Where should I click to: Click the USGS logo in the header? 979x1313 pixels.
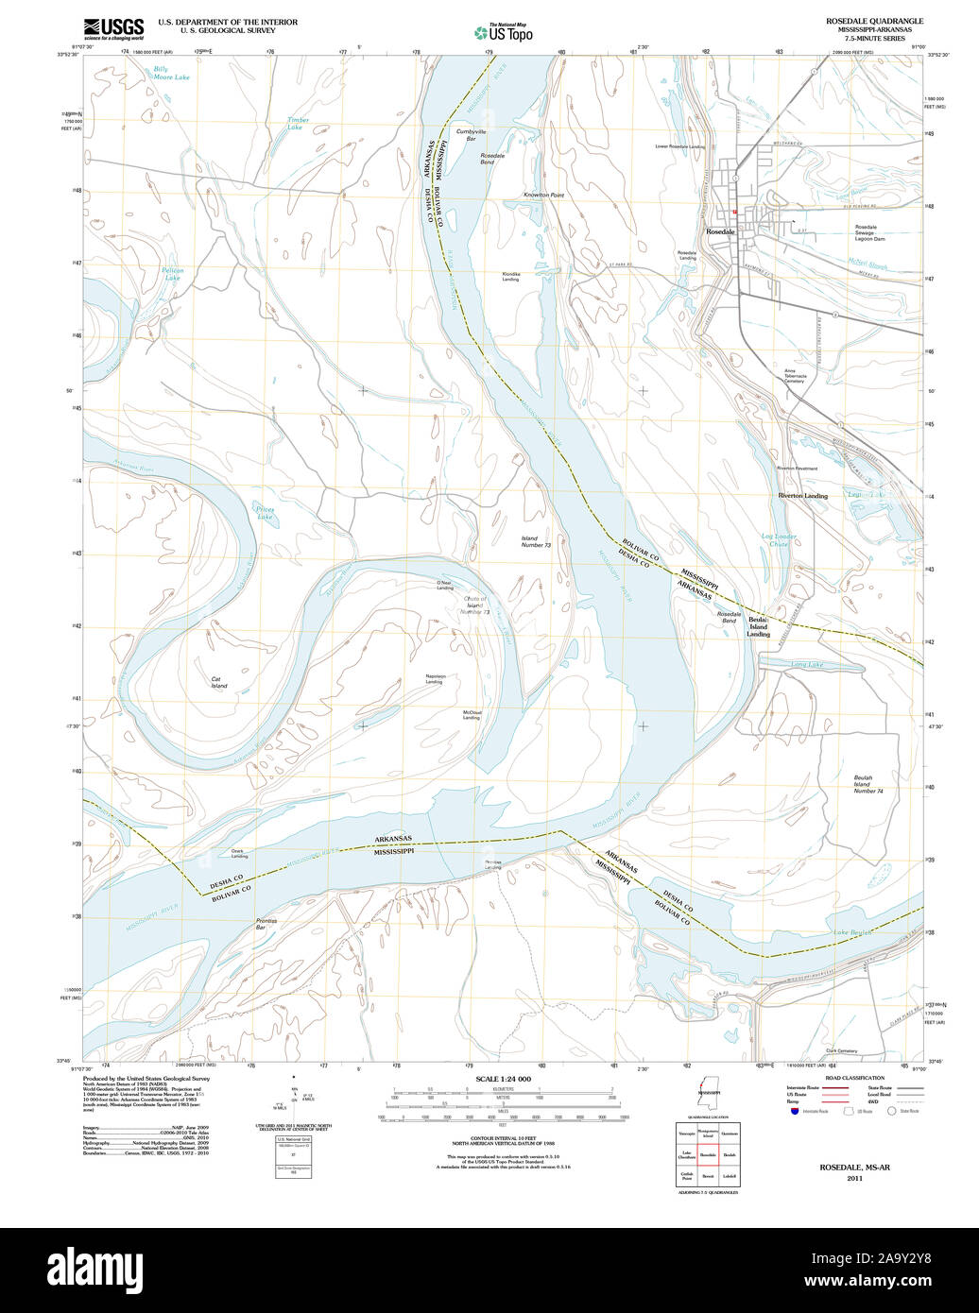coord(113,27)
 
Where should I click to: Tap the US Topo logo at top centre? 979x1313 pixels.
coord(503,32)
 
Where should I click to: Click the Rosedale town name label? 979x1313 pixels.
coord(721,231)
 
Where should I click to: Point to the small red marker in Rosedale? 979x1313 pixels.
coord(733,212)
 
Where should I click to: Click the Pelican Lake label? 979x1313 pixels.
coord(172,274)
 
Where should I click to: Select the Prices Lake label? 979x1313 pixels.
coord(265,513)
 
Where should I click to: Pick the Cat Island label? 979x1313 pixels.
coord(219,682)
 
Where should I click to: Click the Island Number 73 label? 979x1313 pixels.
coord(535,541)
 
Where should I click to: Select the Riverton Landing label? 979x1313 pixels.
coord(802,495)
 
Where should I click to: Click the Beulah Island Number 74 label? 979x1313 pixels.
coord(862,784)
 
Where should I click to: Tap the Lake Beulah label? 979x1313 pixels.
coord(852,933)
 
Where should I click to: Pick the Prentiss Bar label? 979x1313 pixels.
coord(266,924)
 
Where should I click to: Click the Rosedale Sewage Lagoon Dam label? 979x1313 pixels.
coord(871,232)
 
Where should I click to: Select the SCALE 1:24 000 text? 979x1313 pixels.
coord(503,1079)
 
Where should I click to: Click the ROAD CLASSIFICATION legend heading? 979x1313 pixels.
coord(853,1078)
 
